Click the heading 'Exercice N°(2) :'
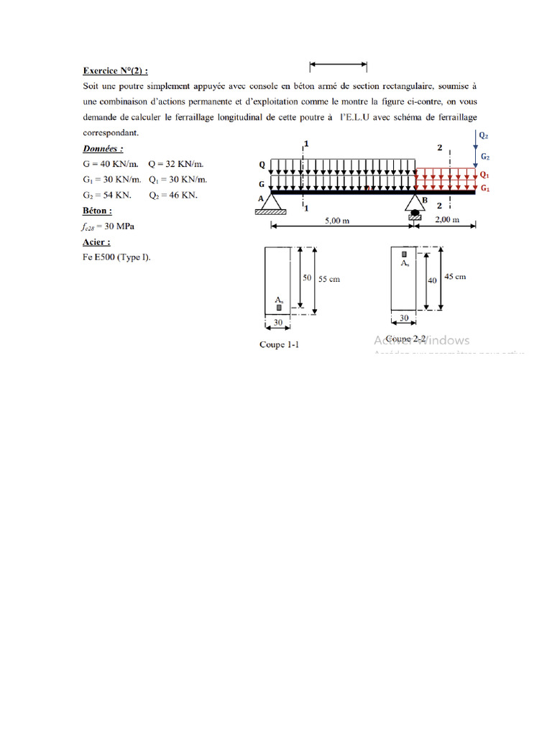[116, 71]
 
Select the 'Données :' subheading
[103, 149]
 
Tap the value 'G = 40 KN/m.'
[111, 164]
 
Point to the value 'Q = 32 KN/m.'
[175, 164]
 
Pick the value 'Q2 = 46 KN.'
[173, 195]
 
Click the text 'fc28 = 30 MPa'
[109, 226]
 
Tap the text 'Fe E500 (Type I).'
[117, 257]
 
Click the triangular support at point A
[270, 204]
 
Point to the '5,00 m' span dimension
[336, 221]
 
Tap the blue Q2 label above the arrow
[483, 134]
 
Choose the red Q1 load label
[485, 175]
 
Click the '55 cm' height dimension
[329, 279]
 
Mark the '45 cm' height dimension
[455, 277]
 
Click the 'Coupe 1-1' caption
[279, 345]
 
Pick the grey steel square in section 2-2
[405, 254]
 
